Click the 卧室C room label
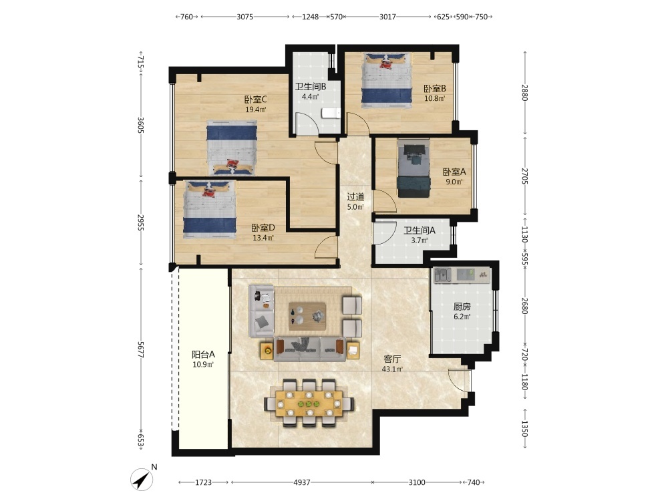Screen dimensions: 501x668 (x=255, y=99)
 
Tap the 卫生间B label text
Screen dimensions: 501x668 (x=311, y=86)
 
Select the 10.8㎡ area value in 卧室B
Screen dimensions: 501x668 (x=434, y=98)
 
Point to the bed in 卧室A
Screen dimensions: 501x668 (x=414, y=168)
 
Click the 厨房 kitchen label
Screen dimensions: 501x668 (x=462, y=307)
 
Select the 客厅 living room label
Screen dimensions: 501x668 (x=392, y=359)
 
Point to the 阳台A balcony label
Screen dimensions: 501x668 (x=203, y=354)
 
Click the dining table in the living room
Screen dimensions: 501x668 (x=309, y=403)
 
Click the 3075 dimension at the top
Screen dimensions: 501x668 (x=244, y=17)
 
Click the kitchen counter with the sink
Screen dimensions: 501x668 (x=462, y=275)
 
